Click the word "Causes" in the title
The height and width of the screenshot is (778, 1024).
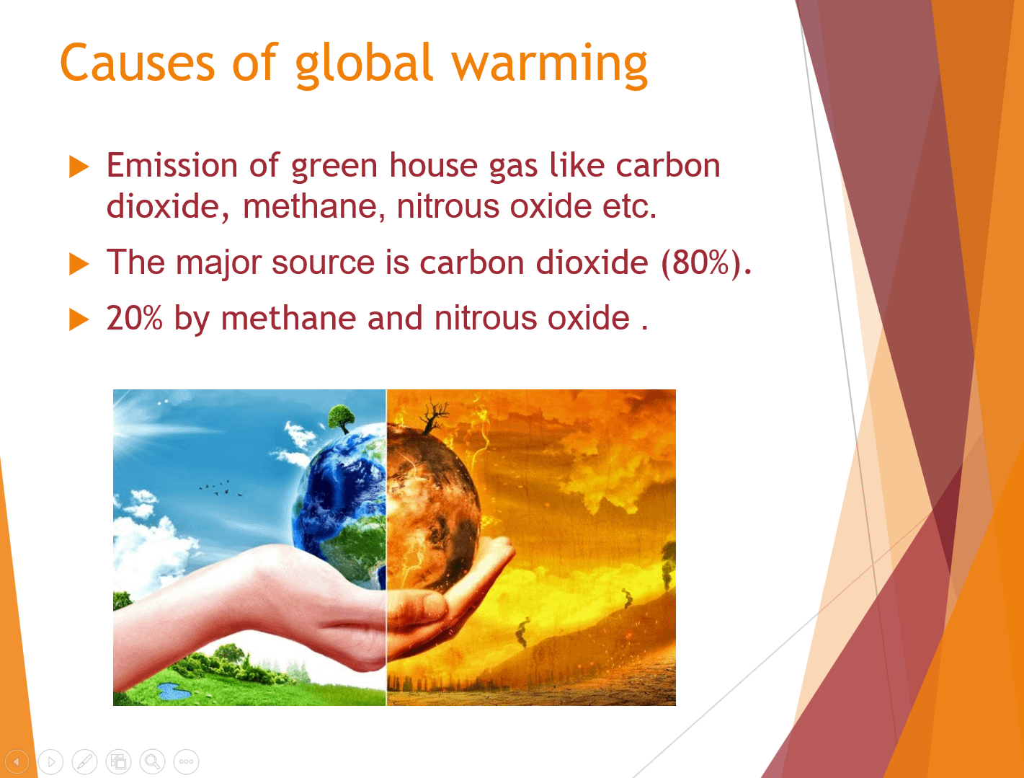tap(137, 63)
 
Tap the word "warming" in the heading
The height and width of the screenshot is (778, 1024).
tap(550, 66)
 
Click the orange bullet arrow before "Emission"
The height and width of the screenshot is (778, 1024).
tap(79, 167)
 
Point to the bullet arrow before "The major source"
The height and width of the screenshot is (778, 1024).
tap(79, 264)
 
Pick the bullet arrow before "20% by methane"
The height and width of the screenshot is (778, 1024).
tap(79, 319)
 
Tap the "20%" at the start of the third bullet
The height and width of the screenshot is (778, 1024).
tap(134, 318)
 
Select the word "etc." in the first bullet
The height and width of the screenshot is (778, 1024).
tap(629, 206)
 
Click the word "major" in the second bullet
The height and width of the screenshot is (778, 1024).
tap(218, 264)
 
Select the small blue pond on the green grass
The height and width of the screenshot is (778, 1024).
tap(173, 691)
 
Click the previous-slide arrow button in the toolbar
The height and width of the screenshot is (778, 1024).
tap(17, 761)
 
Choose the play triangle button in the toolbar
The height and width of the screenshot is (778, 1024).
tap(51, 761)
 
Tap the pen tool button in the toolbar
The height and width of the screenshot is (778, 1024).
tap(84, 761)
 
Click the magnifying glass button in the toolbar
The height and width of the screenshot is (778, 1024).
tap(152, 761)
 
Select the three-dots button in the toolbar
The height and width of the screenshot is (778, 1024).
tap(186, 761)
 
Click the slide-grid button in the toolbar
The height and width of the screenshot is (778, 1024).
tap(118, 761)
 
